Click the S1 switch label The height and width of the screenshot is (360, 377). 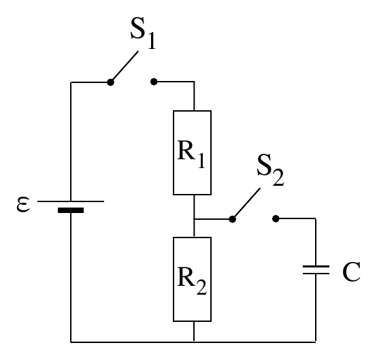(144, 33)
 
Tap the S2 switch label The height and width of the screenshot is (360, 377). (270, 170)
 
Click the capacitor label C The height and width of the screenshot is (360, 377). (351, 272)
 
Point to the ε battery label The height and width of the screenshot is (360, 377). (23, 204)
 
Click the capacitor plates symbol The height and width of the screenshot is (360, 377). (316, 269)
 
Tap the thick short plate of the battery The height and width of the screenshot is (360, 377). (71, 210)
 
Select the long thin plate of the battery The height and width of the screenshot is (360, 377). (71, 201)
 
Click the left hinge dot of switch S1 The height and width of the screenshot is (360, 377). (110, 82)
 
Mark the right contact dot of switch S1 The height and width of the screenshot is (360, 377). (154, 82)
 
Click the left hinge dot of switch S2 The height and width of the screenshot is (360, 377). (232, 219)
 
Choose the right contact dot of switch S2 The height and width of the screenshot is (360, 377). (276, 219)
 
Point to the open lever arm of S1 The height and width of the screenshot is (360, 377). (125, 66)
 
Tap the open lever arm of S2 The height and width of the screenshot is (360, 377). (246, 203)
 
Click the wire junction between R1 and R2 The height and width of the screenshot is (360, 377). (194, 219)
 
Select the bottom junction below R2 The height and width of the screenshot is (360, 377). (194, 342)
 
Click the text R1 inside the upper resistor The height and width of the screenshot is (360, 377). (191, 154)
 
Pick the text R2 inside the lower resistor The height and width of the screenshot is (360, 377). (192, 280)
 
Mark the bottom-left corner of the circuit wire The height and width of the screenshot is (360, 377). (71, 342)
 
